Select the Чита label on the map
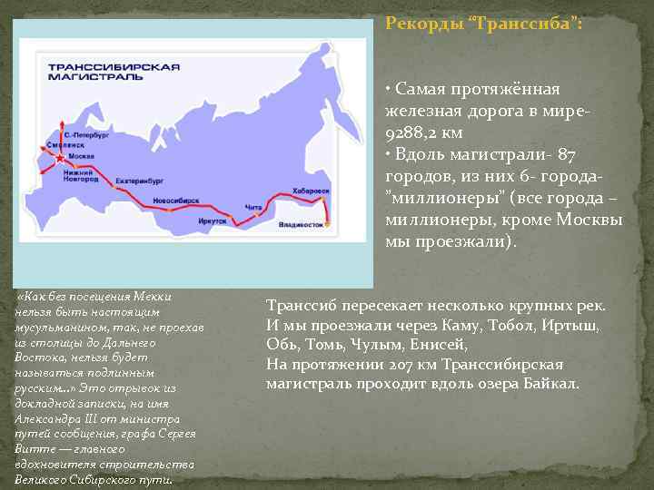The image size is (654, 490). click(253, 208)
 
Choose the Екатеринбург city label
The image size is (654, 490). click(138, 181)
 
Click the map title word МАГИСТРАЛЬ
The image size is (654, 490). click(82, 79)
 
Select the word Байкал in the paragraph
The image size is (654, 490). click(550, 383)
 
